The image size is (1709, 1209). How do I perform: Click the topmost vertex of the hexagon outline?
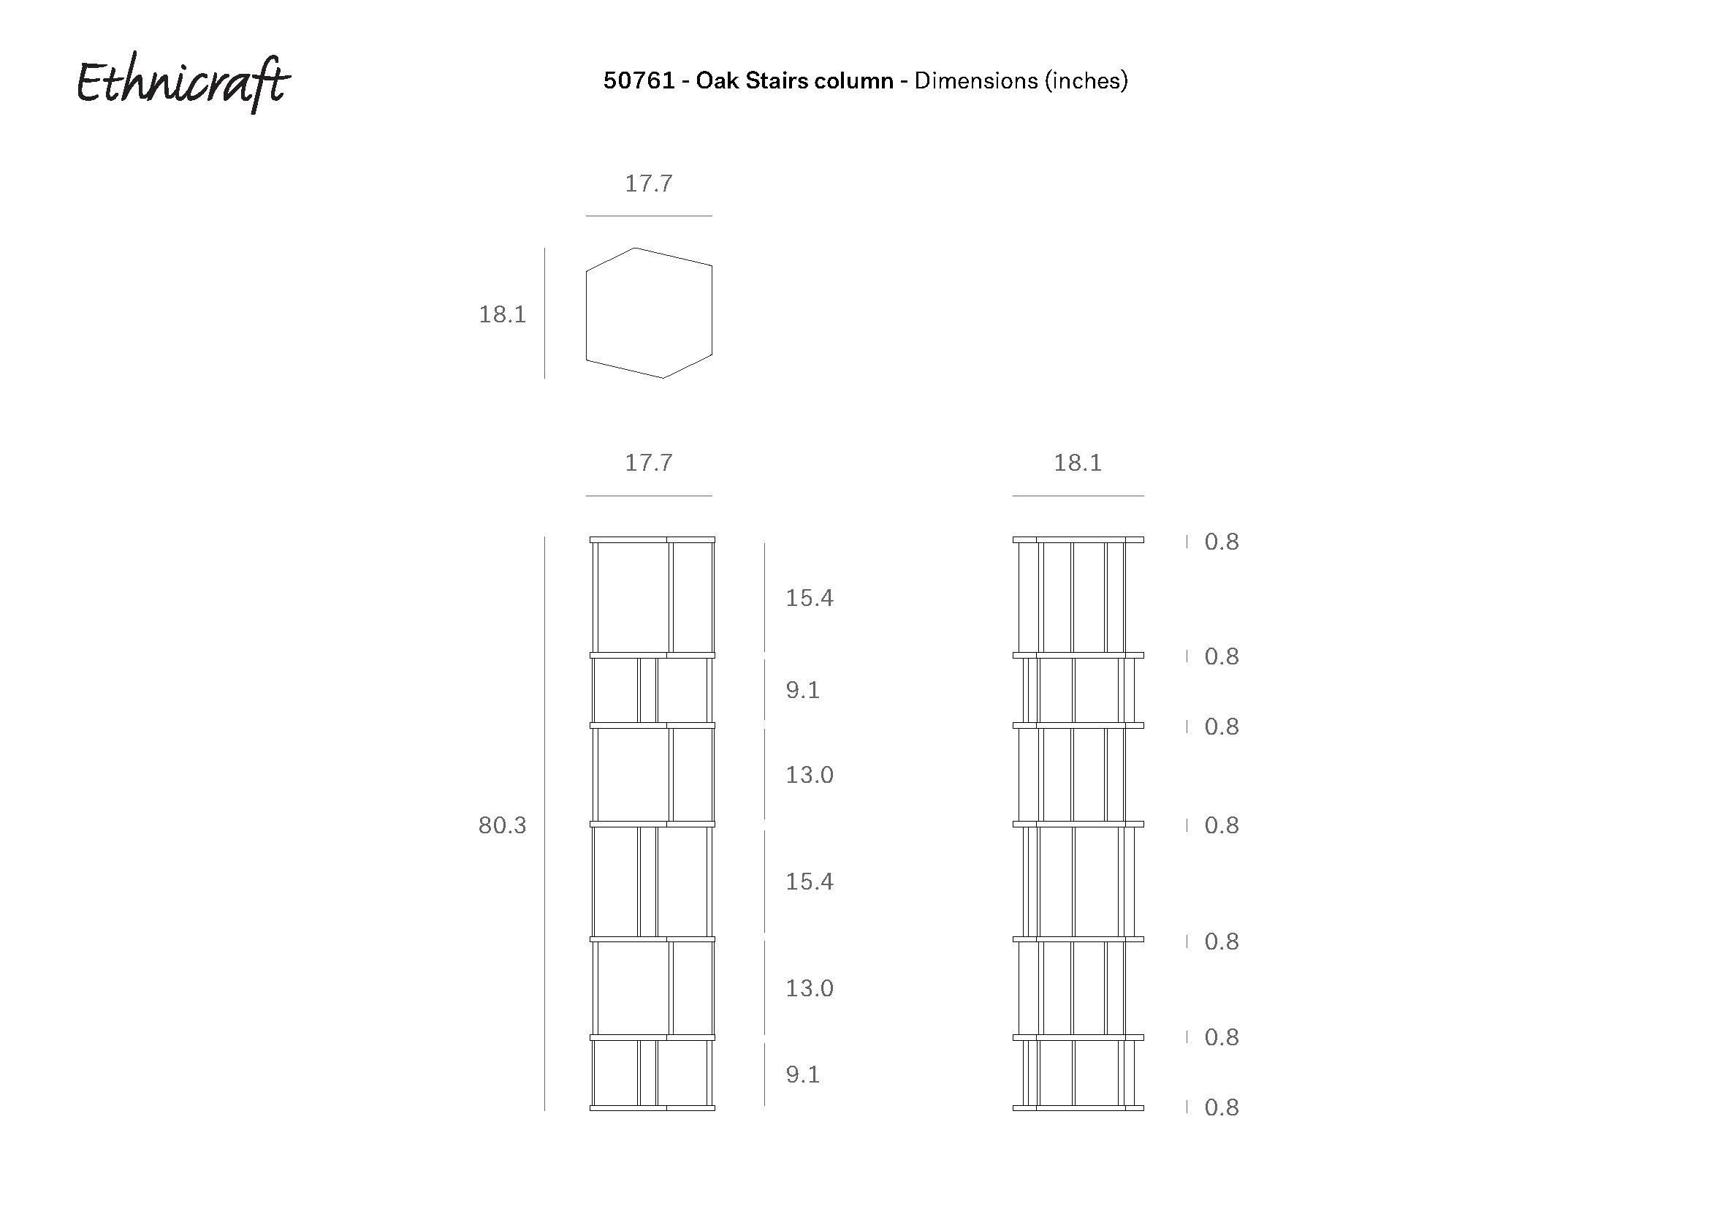(x=635, y=248)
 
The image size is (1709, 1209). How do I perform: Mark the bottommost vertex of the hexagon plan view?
(x=663, y=378)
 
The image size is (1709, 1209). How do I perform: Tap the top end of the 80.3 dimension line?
(x=545, y=537)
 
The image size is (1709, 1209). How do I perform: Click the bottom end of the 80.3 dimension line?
(x=545, y=1111)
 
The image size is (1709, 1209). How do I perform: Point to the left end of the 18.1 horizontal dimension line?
(x=1012, y=496)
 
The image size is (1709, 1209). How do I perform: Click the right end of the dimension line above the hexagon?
(x=712, y=216)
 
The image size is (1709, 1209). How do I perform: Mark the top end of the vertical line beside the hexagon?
(x=545, y=248)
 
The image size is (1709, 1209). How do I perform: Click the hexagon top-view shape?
(x=649, y=313)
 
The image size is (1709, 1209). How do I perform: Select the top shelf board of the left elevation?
(x=652, y=539)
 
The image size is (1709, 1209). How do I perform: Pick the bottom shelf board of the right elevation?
(x=1078, y=1107)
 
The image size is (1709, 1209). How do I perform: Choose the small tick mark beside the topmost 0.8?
(x=1187, y=541)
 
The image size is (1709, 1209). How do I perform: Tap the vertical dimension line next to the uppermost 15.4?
(x=764, y=598)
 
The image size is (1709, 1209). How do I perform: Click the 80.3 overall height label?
(x=503, y=825)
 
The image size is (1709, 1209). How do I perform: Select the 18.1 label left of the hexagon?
(x=503, y=314)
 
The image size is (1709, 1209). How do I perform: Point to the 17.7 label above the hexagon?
(x=649, y=183)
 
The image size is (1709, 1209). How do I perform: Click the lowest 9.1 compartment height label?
(x=803, y=1075)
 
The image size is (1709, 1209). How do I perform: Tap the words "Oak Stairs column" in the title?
(x=795, y=80)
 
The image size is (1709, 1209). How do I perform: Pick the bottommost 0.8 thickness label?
(x=1222, y=1107)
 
